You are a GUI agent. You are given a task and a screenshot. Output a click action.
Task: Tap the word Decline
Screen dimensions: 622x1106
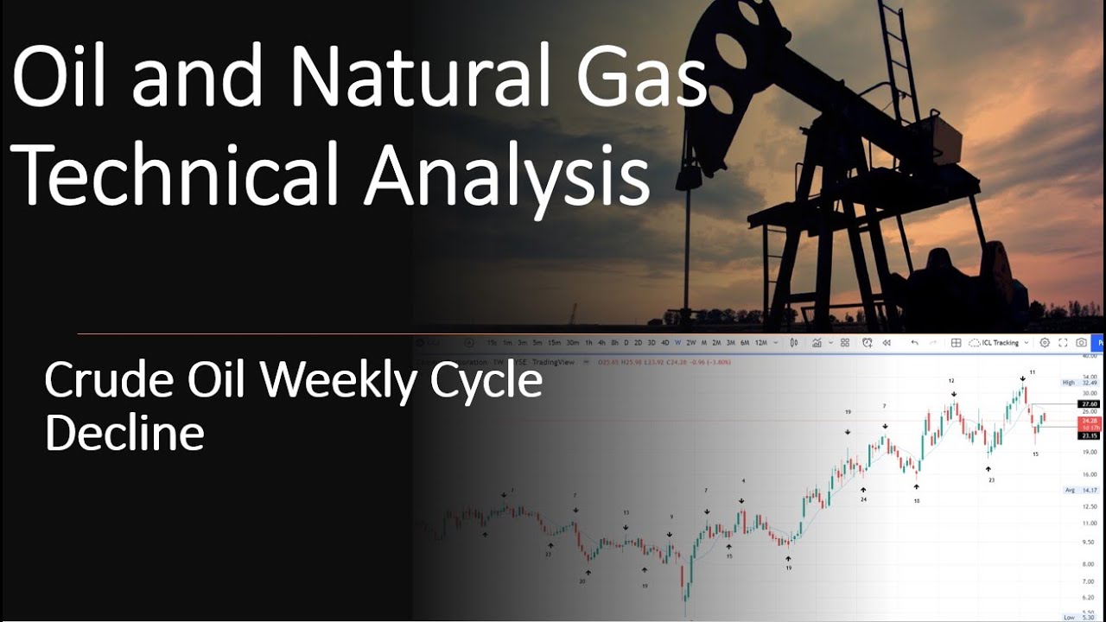(x=124, y=433)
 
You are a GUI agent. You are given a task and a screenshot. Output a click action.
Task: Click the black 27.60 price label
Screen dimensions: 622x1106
(x=1088, y=403)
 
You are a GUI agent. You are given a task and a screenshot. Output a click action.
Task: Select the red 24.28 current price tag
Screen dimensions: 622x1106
(x=1088, y=421)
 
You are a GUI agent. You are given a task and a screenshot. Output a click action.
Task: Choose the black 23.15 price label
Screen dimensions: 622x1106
(x=1088, y=436)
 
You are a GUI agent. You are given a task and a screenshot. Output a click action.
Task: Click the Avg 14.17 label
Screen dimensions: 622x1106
(x=1081, y=490)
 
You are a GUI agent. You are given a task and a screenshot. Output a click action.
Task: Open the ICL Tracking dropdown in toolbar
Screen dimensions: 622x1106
(x=1000, y=343)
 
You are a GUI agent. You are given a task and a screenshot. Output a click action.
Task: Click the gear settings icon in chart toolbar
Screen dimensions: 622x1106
(x=1045, y=343)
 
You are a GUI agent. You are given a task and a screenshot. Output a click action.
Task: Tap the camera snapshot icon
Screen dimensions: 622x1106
(x=1081, y=343)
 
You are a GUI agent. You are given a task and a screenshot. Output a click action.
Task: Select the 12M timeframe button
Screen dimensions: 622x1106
(x=761, y=343)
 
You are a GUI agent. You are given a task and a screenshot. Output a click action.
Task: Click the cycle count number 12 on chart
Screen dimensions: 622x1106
(x=951, y=380)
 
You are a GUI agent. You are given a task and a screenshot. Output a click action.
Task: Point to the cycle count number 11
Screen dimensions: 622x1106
(x=1032, y=371)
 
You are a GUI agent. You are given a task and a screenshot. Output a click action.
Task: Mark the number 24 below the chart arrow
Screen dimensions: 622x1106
(x=863, y=499)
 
